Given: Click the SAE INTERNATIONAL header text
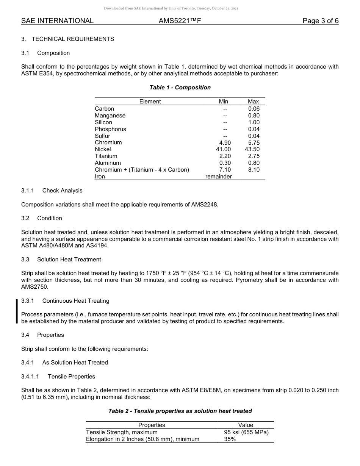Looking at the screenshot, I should [57, 21].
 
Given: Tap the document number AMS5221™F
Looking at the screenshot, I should [180, 21].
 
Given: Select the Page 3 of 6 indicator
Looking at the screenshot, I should [320, 21].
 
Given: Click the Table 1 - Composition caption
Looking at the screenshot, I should [180, 88].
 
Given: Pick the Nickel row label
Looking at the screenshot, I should [103, 149].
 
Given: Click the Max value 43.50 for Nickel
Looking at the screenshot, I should [252, 149].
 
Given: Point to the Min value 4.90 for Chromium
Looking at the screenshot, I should [225, 142].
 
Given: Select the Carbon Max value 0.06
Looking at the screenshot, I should [254, 109].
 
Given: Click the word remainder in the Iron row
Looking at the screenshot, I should [219, 177].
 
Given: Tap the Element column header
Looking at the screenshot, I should [150, 102].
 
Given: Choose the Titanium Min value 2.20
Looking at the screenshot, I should [225, 156].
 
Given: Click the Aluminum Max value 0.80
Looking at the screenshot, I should [254, 163].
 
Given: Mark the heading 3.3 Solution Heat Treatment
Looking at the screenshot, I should [61, 260].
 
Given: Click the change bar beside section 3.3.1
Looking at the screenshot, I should [17, 311].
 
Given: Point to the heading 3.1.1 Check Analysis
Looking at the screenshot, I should [52, 191].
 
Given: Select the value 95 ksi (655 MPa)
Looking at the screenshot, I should [246, 432].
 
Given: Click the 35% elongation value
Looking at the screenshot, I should [230, 439].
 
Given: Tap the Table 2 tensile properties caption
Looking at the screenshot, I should [180, 411].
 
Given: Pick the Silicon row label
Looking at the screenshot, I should [103, 122].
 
